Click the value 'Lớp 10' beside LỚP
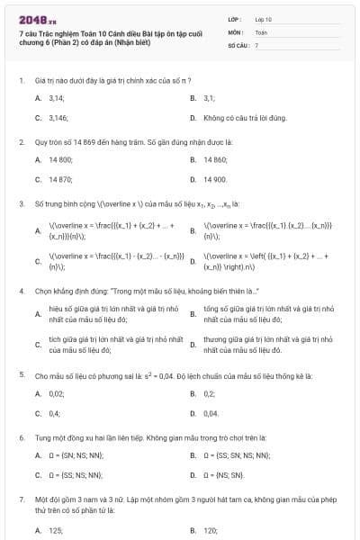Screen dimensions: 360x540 (264, 18)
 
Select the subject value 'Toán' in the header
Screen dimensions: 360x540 (261, 31)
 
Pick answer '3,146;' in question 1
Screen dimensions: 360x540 (58, 118)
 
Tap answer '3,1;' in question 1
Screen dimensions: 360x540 (210, 97)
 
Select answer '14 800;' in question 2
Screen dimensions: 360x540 (60, 159)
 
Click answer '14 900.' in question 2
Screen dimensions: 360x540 (215, 179)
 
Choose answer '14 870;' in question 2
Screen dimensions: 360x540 (60, 179)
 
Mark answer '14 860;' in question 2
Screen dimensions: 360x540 (215, 159)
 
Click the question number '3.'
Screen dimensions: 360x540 (21, 203)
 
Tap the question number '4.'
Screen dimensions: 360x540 (21, 291)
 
